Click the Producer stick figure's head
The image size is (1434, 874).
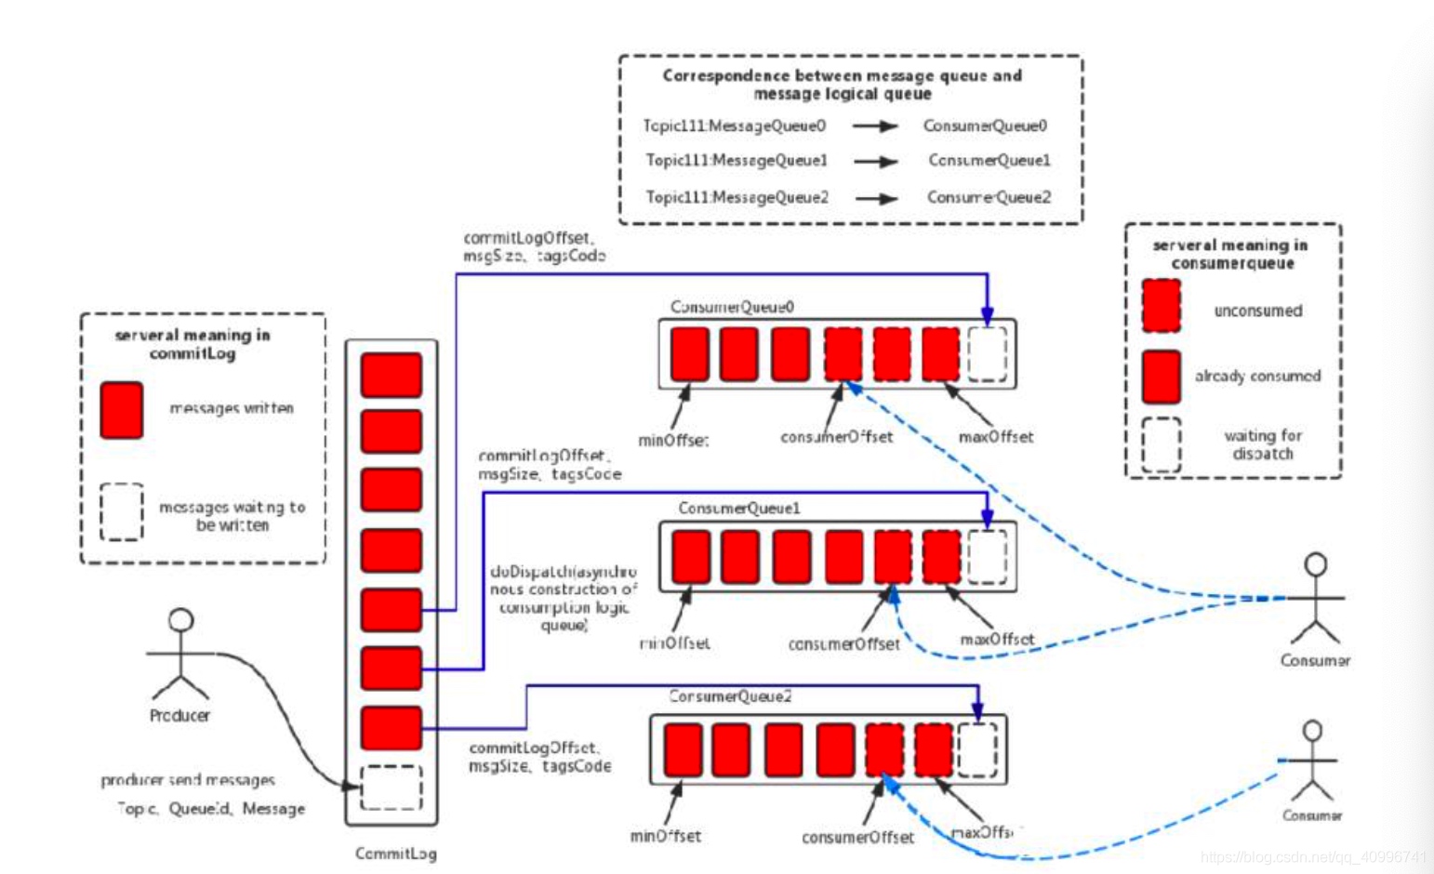[x=181, y=620]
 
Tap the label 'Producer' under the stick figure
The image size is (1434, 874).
[x=179, y=715]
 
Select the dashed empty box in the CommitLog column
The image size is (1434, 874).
[x=391, y=787]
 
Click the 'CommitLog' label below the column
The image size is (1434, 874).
[x=395, y=854]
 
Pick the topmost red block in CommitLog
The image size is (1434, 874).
[x=392, y=375]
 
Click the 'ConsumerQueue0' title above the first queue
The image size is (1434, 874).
[x=733, y=307]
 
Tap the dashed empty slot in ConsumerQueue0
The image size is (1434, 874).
[x=987, y=354]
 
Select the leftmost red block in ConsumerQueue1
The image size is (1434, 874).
[x=691, y=557]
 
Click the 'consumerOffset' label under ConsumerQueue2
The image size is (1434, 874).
[x=857, y=838]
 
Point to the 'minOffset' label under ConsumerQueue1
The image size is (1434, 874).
[x=674, y=642]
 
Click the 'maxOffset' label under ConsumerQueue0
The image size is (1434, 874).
[x=996, y=437]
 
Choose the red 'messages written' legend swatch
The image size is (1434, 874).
[x=122, y=410]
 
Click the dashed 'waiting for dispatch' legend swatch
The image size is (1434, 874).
[x=1162, y=444]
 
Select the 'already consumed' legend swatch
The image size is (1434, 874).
[x=1162, y=377]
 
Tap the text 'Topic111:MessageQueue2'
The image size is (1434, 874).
[x=737, y=197]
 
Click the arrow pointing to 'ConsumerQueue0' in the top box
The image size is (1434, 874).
[x=875, y=126]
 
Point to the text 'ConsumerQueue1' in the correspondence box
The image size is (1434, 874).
[x=989, y=161]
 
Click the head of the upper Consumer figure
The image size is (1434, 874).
[x=1316, y=564]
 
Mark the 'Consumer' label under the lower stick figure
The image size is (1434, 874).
[x=1311, y=815]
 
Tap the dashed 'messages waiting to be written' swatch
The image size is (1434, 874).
[x=122, y=511]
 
